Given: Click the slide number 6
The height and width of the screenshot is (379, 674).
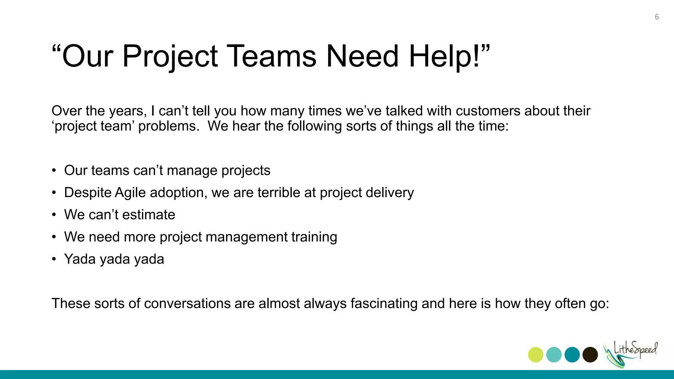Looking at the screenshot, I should point(657,17).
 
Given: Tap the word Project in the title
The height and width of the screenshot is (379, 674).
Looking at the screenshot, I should point(170,56).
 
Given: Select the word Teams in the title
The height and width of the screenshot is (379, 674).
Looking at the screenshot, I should point(272,56).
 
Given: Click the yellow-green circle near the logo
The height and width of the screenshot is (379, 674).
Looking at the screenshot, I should point(535,355).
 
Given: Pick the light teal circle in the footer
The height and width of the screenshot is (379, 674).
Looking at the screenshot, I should point(554,355).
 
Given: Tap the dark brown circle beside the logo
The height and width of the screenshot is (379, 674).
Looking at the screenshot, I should point(590,355).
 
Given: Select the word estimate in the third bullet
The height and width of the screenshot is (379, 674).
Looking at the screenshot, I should point(149,215).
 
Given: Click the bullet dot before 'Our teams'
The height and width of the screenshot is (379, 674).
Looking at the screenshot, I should point(54,171).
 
